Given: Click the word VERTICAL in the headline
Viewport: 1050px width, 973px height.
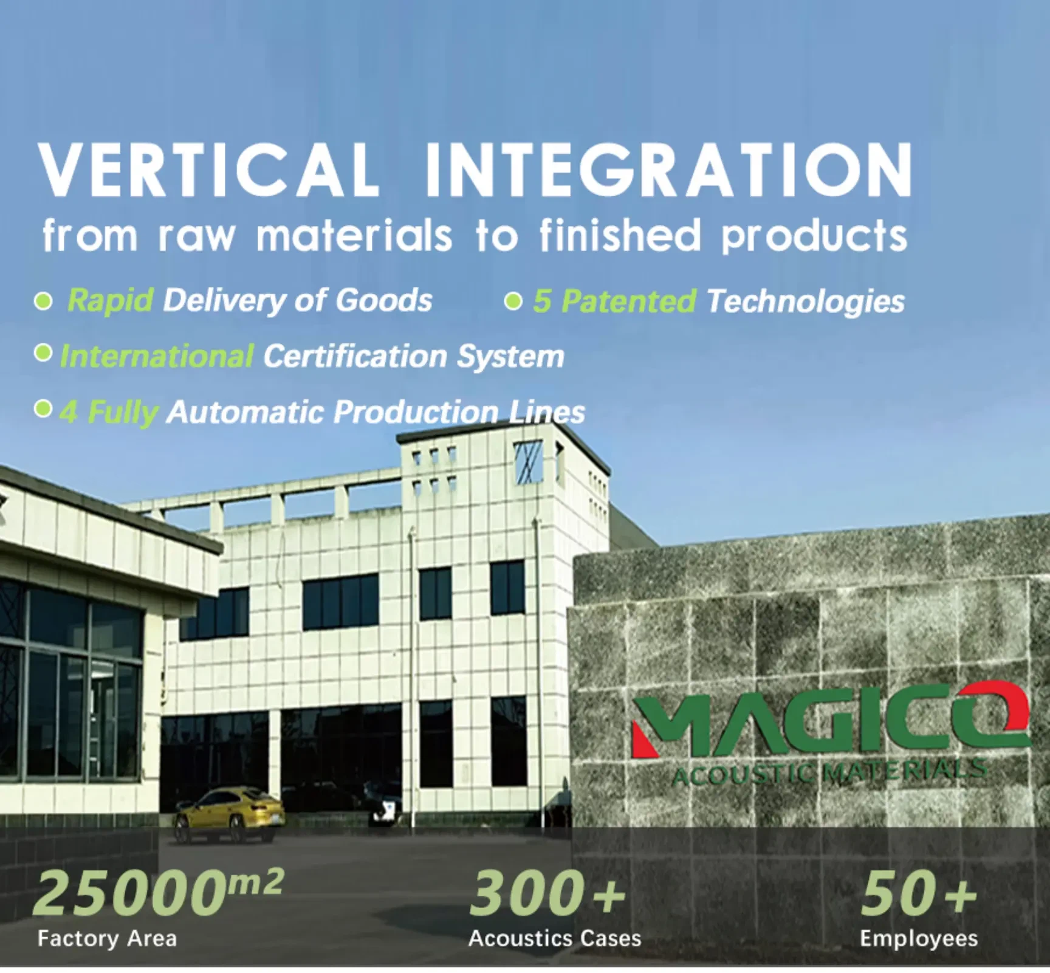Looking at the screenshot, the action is coord(208,169).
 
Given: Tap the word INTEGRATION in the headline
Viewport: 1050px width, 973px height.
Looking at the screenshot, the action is coord(668,169).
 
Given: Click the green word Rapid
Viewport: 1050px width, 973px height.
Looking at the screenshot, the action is coord(109,300).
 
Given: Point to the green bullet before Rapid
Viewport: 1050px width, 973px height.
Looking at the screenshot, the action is coord(43,301).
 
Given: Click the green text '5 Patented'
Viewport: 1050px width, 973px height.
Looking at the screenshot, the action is coord(614,301).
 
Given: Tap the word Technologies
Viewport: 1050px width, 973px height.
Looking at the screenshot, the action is coord(806,302).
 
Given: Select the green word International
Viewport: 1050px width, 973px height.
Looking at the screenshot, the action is coord(157,356).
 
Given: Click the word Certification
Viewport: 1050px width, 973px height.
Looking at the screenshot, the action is coord(355,356).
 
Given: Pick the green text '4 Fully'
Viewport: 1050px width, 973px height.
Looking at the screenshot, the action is coord(109,412).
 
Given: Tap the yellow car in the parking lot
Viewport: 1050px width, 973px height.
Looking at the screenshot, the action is coord(230,814).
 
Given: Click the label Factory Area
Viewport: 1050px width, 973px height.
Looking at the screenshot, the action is coord(107,939).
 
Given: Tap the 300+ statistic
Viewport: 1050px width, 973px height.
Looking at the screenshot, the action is coord(547,893).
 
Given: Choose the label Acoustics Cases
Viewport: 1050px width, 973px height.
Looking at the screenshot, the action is coord(555,939).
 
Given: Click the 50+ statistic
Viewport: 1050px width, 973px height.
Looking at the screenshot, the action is coord(919,893).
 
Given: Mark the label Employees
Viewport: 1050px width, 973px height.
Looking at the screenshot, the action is coord(919,940).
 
